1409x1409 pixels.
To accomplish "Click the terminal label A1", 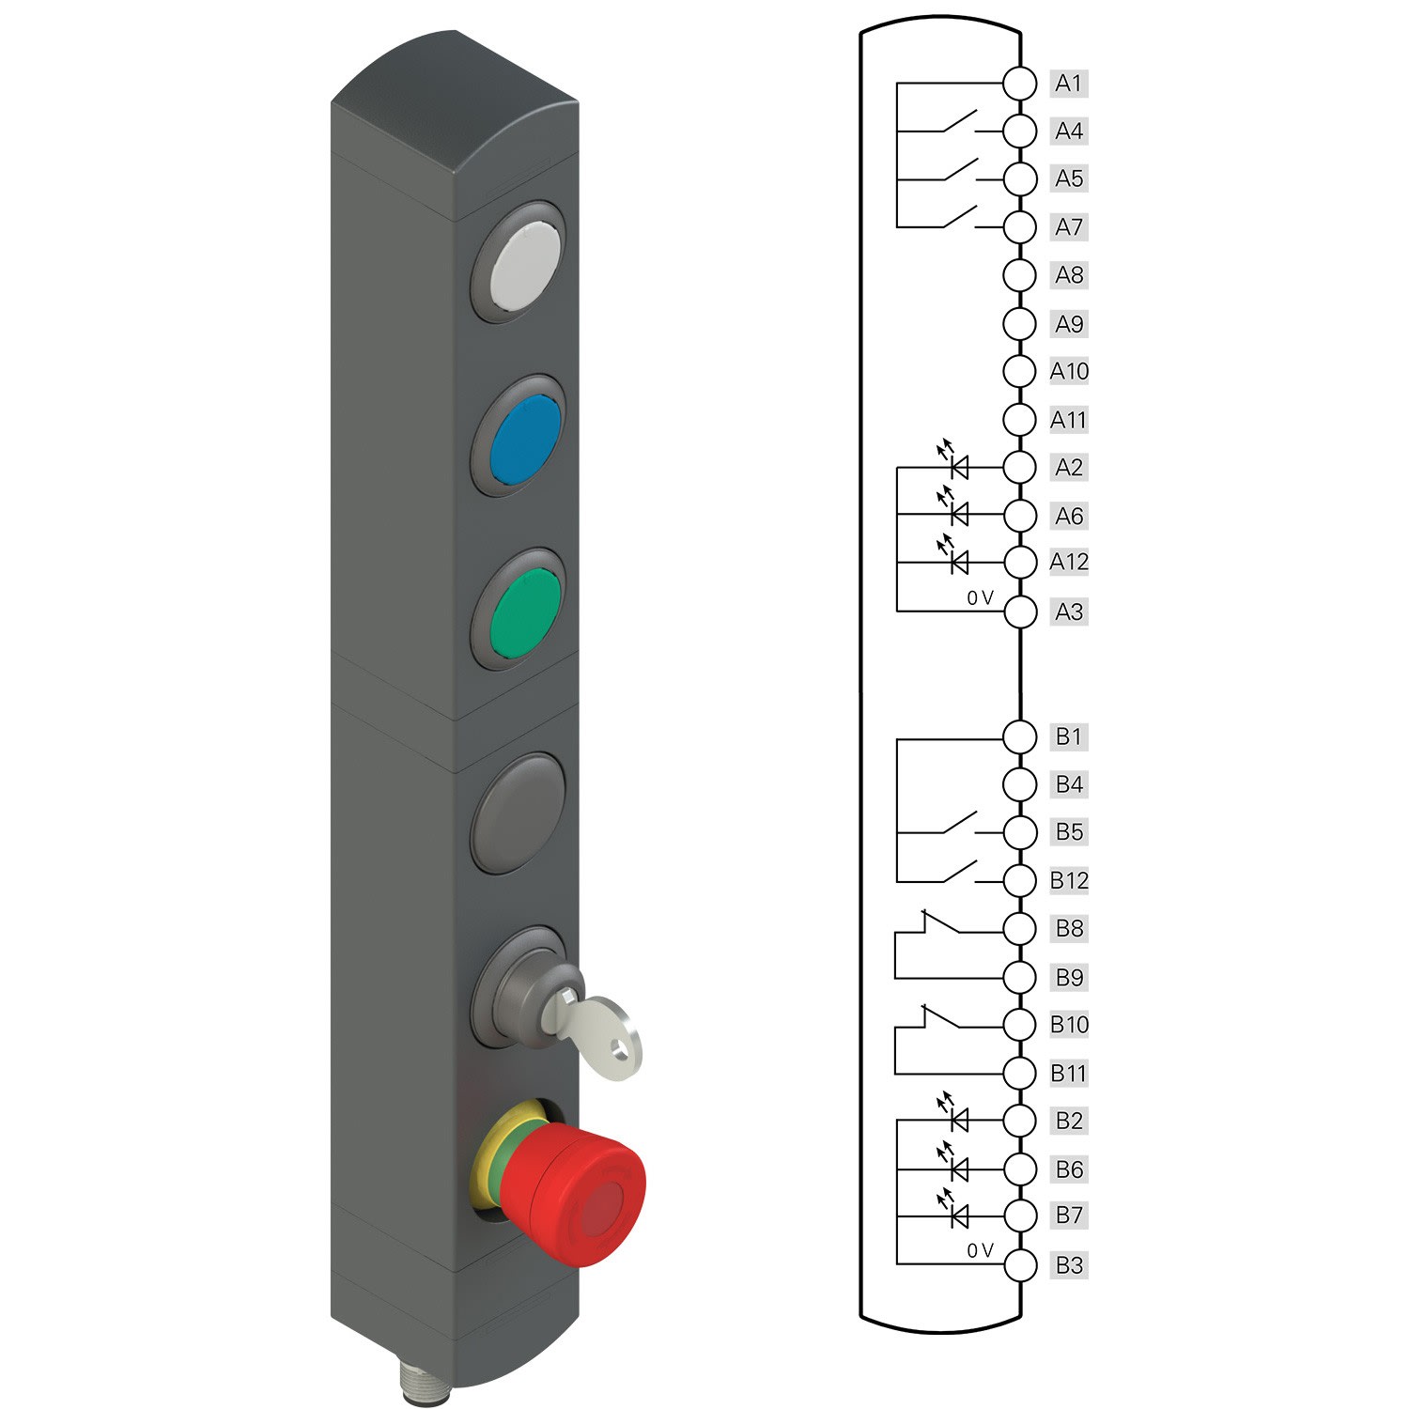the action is (x=1069, y=84).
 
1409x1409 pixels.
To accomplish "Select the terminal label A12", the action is (x=1069, y=562).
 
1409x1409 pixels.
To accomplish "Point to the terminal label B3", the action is (x=1069, y=1265).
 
